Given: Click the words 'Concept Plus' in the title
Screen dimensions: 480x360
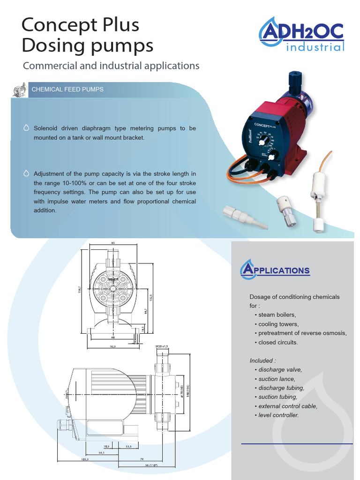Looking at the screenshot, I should (x=80, y=24).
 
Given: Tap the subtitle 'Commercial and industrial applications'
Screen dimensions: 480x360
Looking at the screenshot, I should (x=111, y=66).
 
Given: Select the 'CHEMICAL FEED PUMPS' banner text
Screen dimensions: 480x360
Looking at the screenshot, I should (x=67, y=89).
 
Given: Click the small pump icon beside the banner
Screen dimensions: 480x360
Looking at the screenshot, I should (x=19, y=90).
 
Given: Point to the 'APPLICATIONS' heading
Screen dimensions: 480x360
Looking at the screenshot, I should (x=275, y=270).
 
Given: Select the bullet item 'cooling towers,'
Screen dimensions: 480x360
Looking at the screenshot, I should (x=278, y=324).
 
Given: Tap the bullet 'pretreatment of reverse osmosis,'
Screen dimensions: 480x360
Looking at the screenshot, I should (x=302, y=333).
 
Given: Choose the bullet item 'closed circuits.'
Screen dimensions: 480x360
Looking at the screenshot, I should (x=278, y=342).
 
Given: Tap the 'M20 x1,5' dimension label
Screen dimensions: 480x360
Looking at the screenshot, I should (x=161, y=346).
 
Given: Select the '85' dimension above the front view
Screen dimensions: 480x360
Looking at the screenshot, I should (x=113, y=243).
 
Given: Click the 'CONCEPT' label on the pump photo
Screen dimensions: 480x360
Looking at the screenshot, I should (x=264, y=126).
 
